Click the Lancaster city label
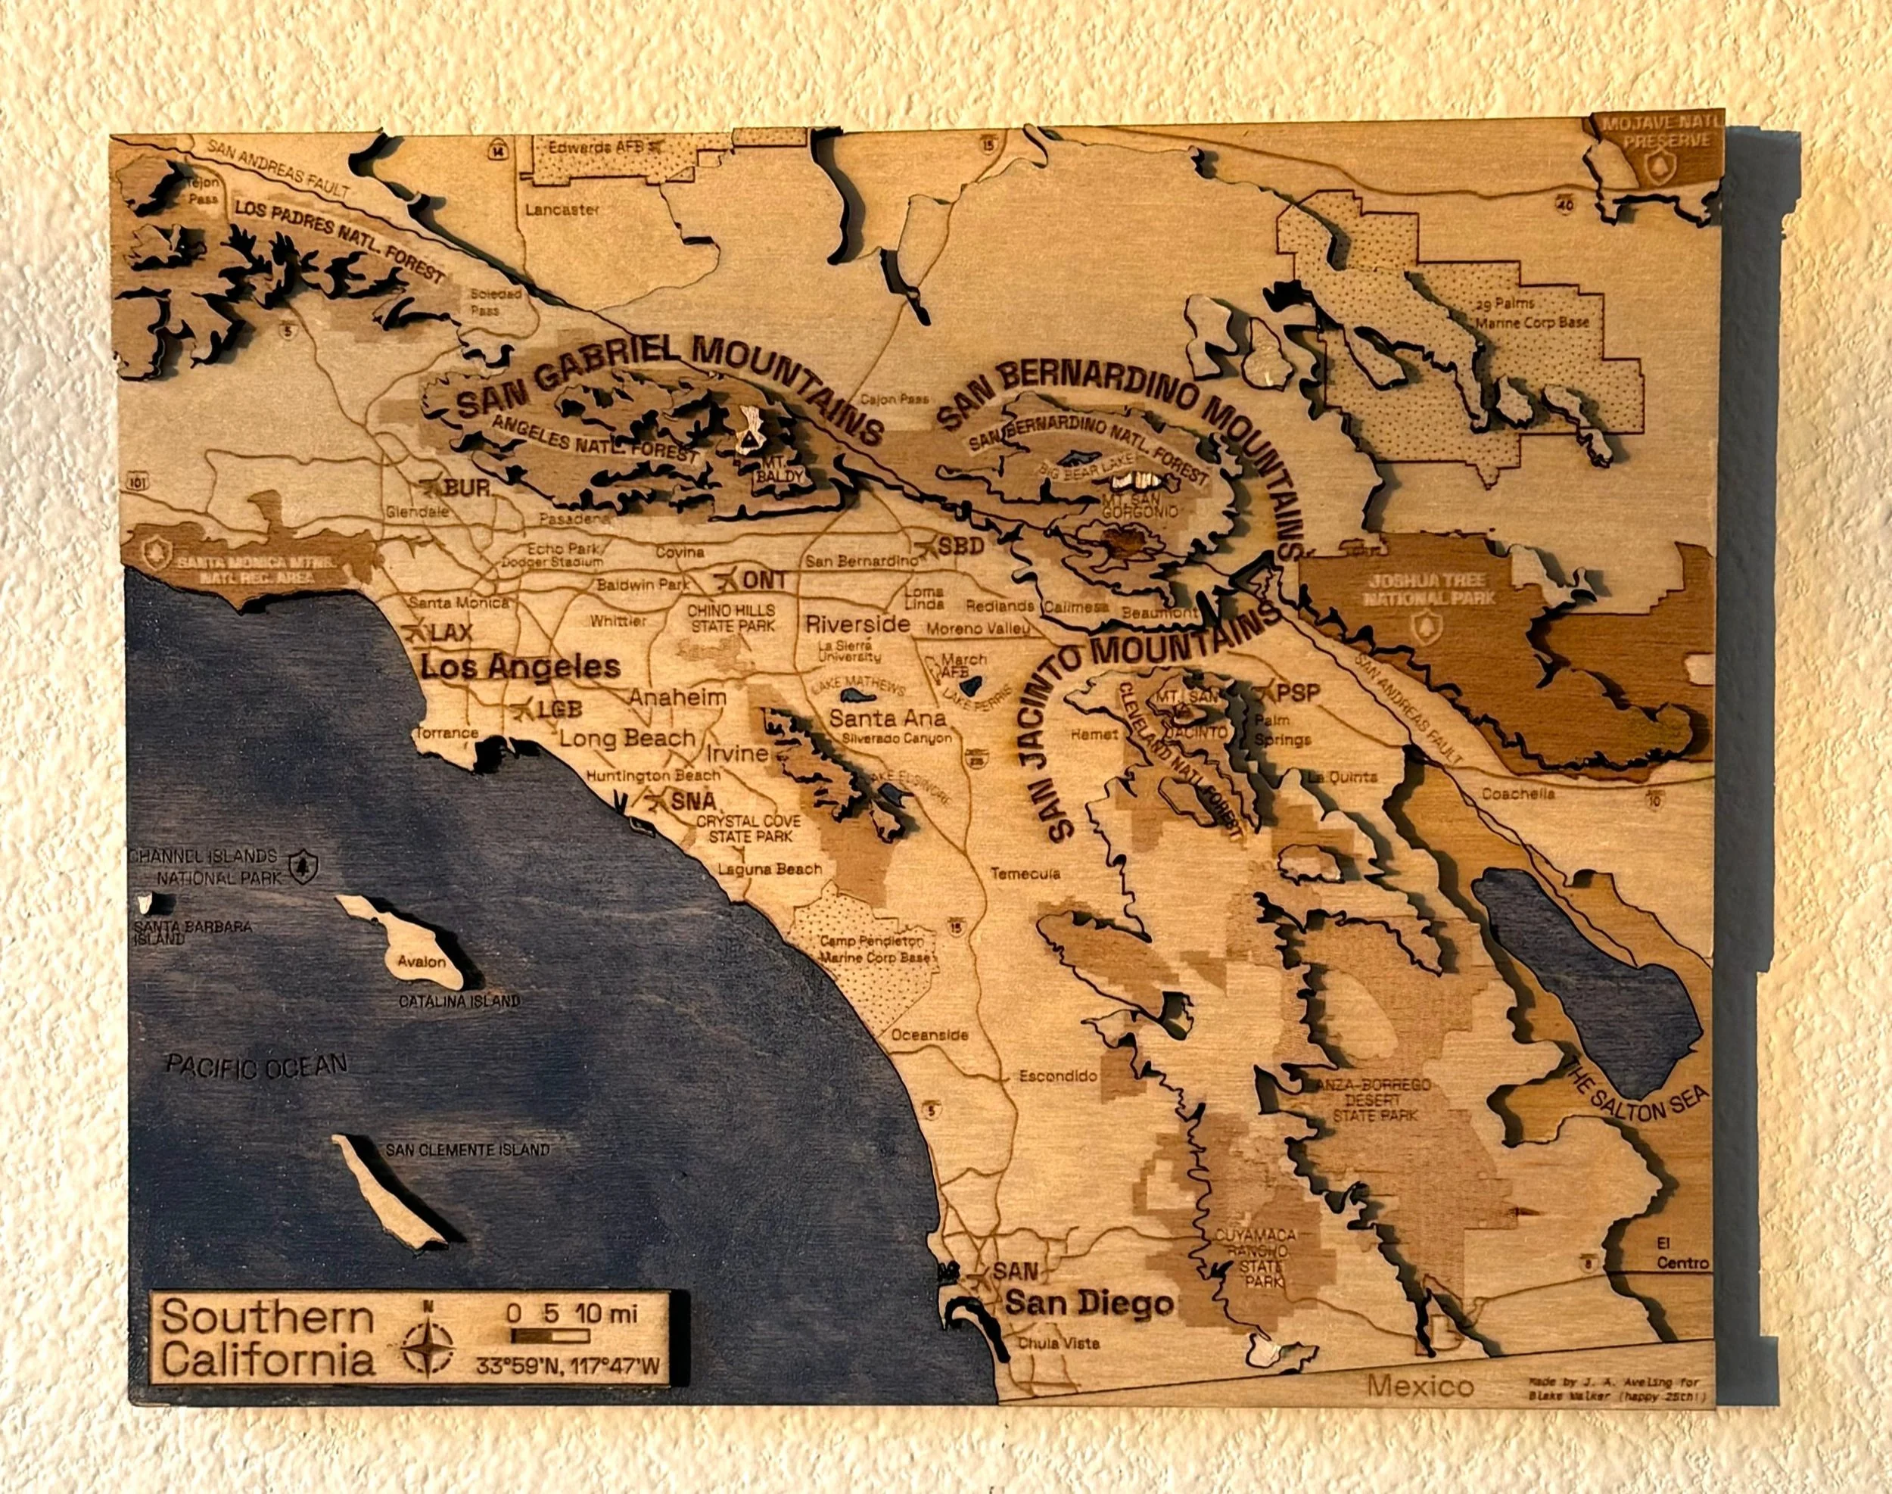562,210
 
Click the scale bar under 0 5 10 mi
550,1336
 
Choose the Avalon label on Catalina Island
422,962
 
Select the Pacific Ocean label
257,1066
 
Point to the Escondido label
1057,1076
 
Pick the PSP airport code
1296,693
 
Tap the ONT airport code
764,580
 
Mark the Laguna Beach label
770,870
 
